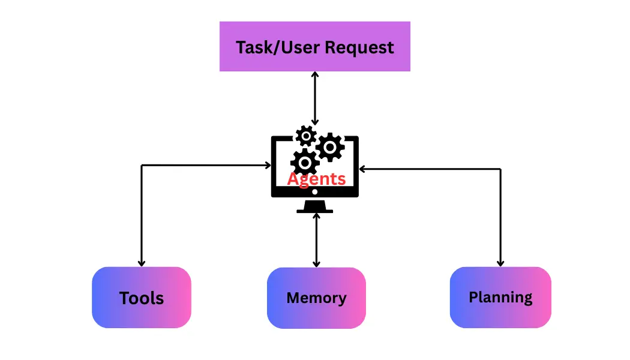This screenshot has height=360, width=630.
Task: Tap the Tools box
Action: pos(142,298)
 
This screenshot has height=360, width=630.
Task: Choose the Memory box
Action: pos(316,298)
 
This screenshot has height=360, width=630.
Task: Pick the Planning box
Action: pos(500,297)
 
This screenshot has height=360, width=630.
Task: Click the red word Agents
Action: pos(316,179)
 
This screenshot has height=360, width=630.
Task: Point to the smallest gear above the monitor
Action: pos(306,136)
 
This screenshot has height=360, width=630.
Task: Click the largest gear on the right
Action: pos(329,146)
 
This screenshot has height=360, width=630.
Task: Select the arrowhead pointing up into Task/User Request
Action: pos(314,75)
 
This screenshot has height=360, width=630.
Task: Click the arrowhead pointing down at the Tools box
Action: pos(142,262)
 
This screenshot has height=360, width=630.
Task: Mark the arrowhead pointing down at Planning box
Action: pos(500,262)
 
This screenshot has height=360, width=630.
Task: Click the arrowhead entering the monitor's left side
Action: pos(268,165)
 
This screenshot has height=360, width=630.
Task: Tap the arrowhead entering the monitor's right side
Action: pos(362,169)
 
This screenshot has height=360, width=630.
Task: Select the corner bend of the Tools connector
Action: pos(142,165)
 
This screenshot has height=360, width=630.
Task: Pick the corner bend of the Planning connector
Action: pos(500,169)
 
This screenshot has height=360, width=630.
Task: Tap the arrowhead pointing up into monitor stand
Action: pos(316,217)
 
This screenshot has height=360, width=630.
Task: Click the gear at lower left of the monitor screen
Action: pos(304,162)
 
